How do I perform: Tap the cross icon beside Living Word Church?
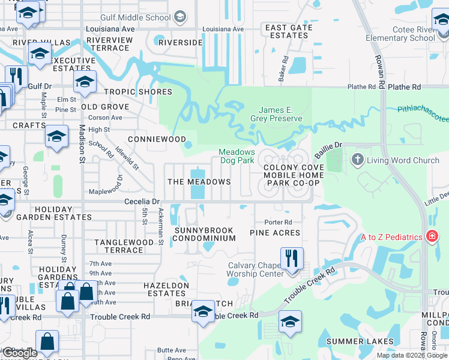click(358, 160)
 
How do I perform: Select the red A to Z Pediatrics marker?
click(430, 237)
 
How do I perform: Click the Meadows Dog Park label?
click(237, 157)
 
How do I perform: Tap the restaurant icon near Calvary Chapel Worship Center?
click(292, 259)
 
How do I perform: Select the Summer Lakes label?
click(360, 341)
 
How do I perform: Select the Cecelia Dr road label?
click(142, 202)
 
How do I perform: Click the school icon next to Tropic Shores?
click(85, 81)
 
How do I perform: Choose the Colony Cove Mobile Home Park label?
click(285, 175)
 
